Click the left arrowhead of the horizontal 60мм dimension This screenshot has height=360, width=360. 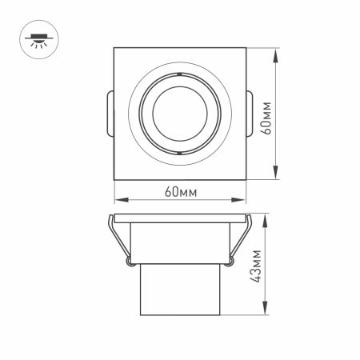click(x=118, y=200)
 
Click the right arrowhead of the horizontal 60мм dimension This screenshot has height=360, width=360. click(x=241, y=200)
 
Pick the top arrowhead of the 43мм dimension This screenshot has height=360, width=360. click(x=264, y=218)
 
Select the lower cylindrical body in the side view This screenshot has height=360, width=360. click(x=179, y=292)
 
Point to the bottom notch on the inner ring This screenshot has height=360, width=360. click(x=179, y=152)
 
